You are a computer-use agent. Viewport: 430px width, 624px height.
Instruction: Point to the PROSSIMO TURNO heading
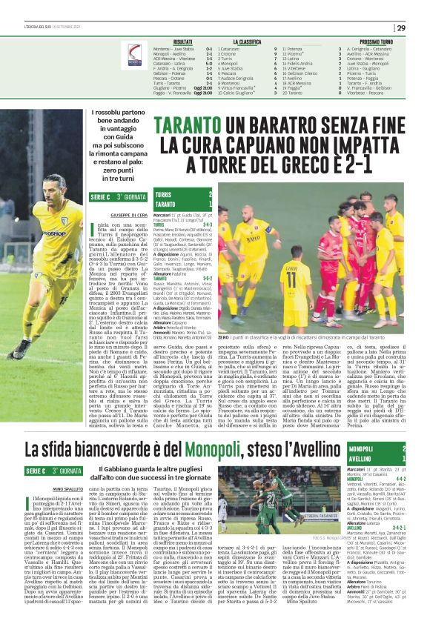click(376, 42)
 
